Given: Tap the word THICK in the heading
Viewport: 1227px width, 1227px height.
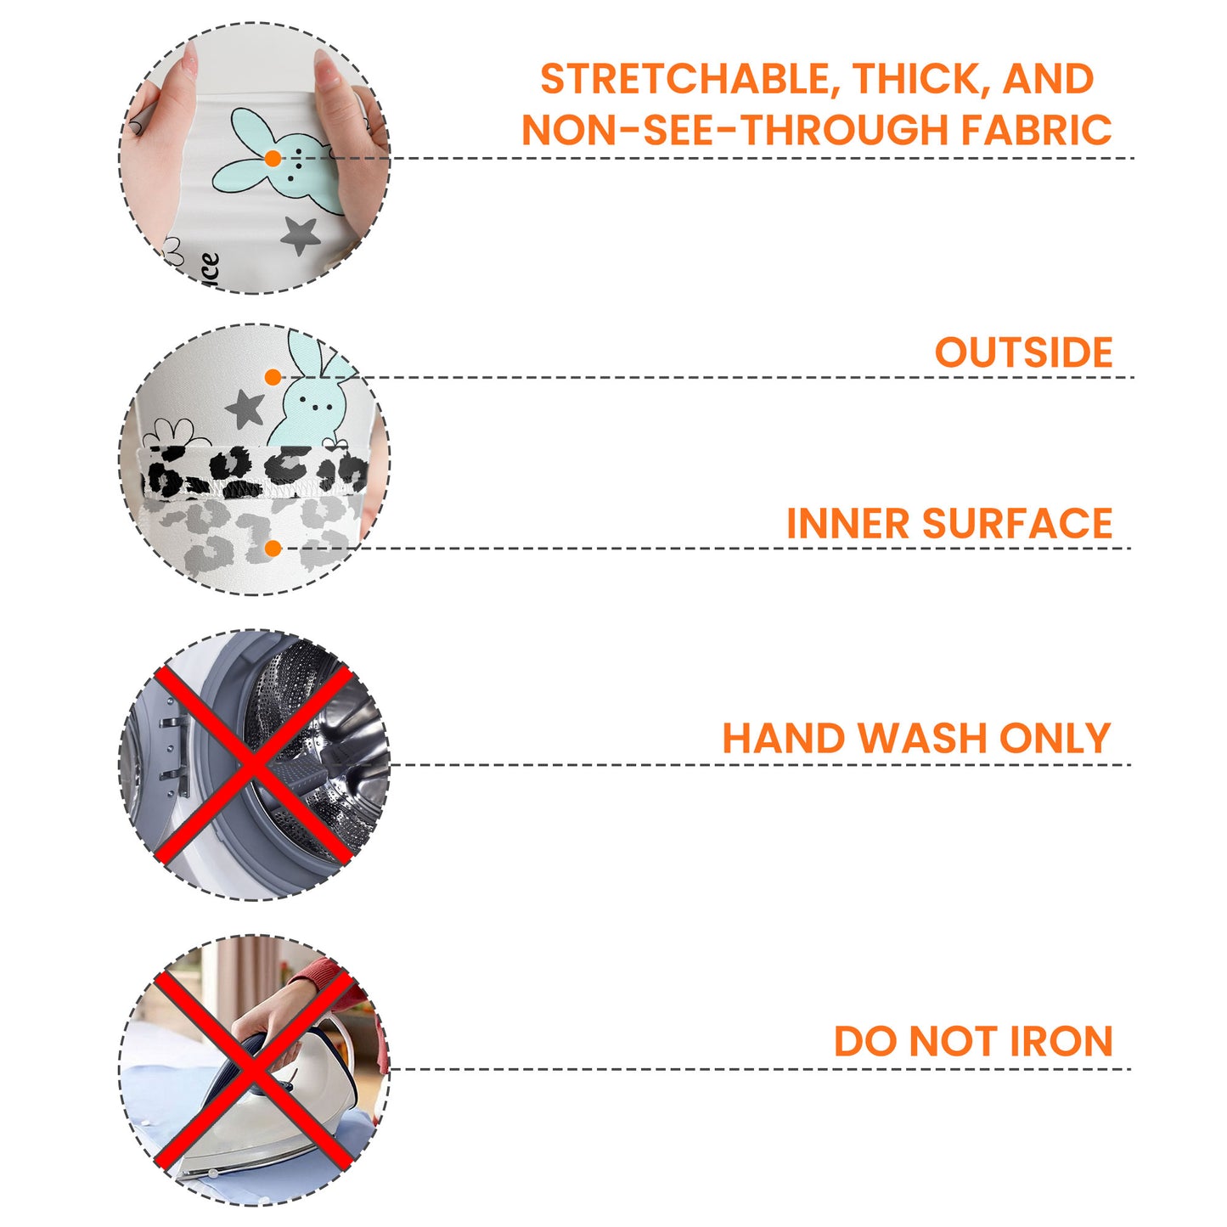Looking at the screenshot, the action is coord(922,80).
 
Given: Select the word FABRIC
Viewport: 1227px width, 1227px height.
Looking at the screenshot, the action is coord(1037,130).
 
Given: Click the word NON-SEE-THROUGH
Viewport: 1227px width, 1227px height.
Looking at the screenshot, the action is coord(735,130).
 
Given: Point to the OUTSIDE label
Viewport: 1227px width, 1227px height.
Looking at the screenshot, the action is coord(1023,352).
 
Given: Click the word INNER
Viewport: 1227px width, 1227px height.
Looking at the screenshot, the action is coord(848,523).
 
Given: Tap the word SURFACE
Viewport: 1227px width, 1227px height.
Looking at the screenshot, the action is coord(1017,523).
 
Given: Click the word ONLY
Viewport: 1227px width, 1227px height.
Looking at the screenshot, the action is coord(1055,739).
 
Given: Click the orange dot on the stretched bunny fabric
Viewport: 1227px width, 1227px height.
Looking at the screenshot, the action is coord(273,159).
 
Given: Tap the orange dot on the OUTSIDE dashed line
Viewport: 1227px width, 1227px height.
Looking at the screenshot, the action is coord(273,377).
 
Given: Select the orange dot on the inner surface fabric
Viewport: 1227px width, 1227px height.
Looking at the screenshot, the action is coord(273,549).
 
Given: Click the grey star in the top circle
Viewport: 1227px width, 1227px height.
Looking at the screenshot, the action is coord(299,236).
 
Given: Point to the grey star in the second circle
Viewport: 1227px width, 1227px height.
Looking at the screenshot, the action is coord(245,408).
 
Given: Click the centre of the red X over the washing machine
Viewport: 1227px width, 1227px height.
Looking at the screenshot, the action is coord(253,765).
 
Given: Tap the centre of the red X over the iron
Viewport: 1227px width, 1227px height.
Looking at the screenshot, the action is coord(253,1070).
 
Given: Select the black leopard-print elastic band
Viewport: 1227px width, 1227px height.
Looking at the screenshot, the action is coord(255,472).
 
